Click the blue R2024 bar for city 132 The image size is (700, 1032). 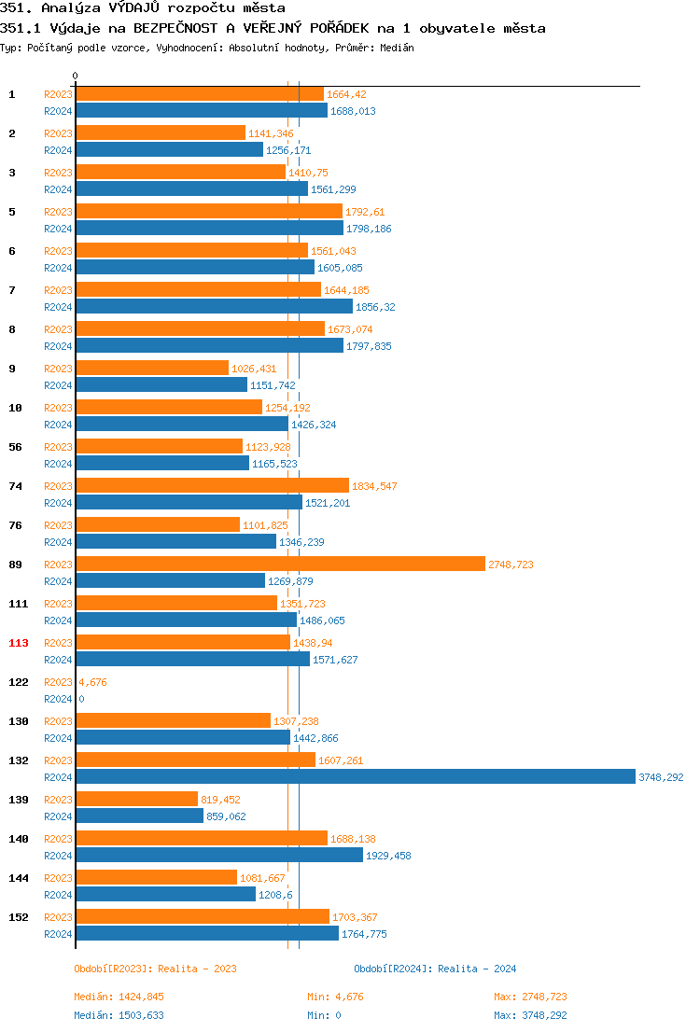355,777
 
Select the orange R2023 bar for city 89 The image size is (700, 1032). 280,565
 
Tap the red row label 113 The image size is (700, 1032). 19,643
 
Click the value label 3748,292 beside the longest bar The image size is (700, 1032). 661,777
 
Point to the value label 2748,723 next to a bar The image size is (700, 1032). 511,565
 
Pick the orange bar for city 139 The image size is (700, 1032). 136,800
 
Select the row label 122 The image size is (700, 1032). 19,682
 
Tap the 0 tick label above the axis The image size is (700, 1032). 76,76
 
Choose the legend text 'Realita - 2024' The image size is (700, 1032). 477,969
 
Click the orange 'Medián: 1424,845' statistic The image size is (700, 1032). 119,997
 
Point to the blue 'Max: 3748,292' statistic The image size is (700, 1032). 530,1015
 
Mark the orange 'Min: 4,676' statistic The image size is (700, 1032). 335,997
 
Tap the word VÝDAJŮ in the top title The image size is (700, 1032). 140,7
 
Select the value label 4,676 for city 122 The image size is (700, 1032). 92,682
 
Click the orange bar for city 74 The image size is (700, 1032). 212,486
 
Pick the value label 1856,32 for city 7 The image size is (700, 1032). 375,307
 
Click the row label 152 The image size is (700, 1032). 19,917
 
